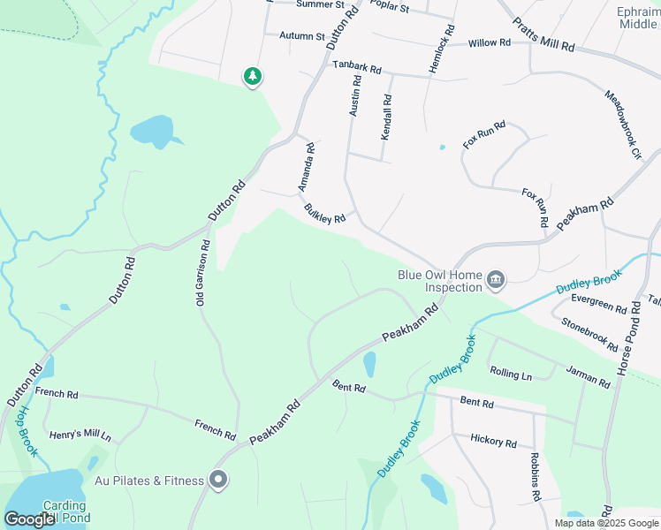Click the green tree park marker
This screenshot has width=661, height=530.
pos(253,77)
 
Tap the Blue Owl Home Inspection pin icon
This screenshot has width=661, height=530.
pos(496,281)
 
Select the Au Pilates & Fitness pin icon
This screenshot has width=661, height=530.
pos(219,481)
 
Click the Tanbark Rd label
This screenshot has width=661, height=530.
pos(356,67)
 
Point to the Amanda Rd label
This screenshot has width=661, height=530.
pos(306,169)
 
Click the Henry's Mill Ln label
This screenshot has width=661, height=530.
pos(80,435)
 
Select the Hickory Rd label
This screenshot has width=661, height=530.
pos(493,440)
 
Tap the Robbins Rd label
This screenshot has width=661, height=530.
pos(535,478)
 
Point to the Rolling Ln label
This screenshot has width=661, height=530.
pos(511,374)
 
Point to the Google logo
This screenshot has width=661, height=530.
pos(29,519)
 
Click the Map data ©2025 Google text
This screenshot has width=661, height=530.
pos(605,523)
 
